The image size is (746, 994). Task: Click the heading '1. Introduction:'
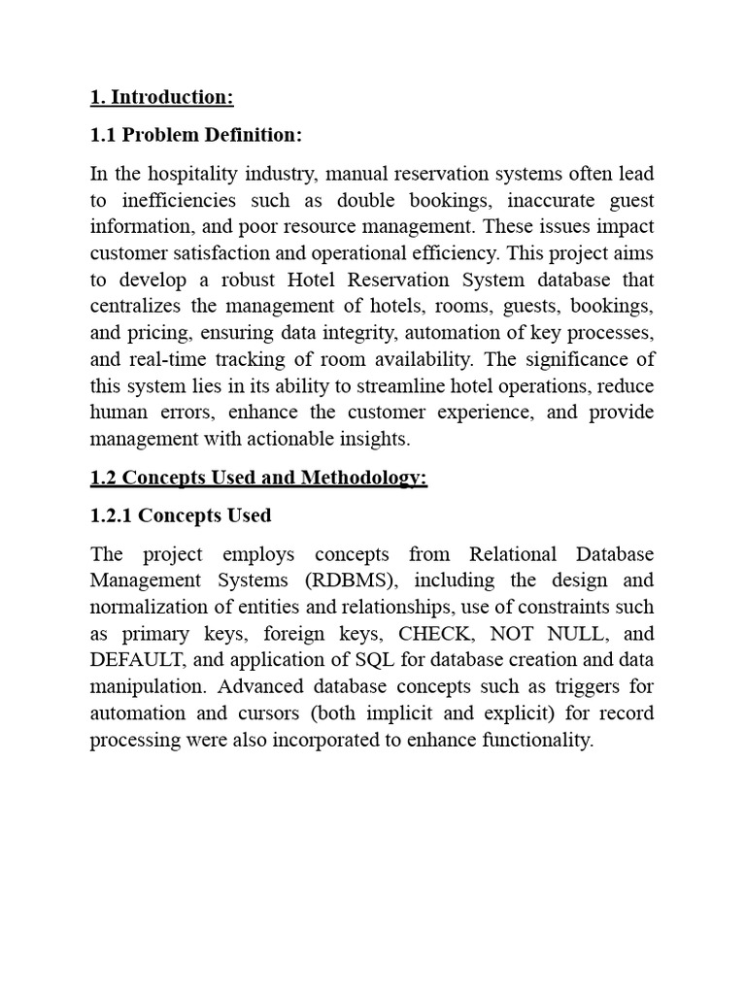162,97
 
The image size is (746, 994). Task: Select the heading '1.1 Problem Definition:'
195,135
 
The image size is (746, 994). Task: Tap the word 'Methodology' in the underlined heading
366,479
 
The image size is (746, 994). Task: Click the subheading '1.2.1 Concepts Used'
180,515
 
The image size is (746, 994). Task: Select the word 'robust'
247,281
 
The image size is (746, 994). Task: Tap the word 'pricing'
161,333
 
